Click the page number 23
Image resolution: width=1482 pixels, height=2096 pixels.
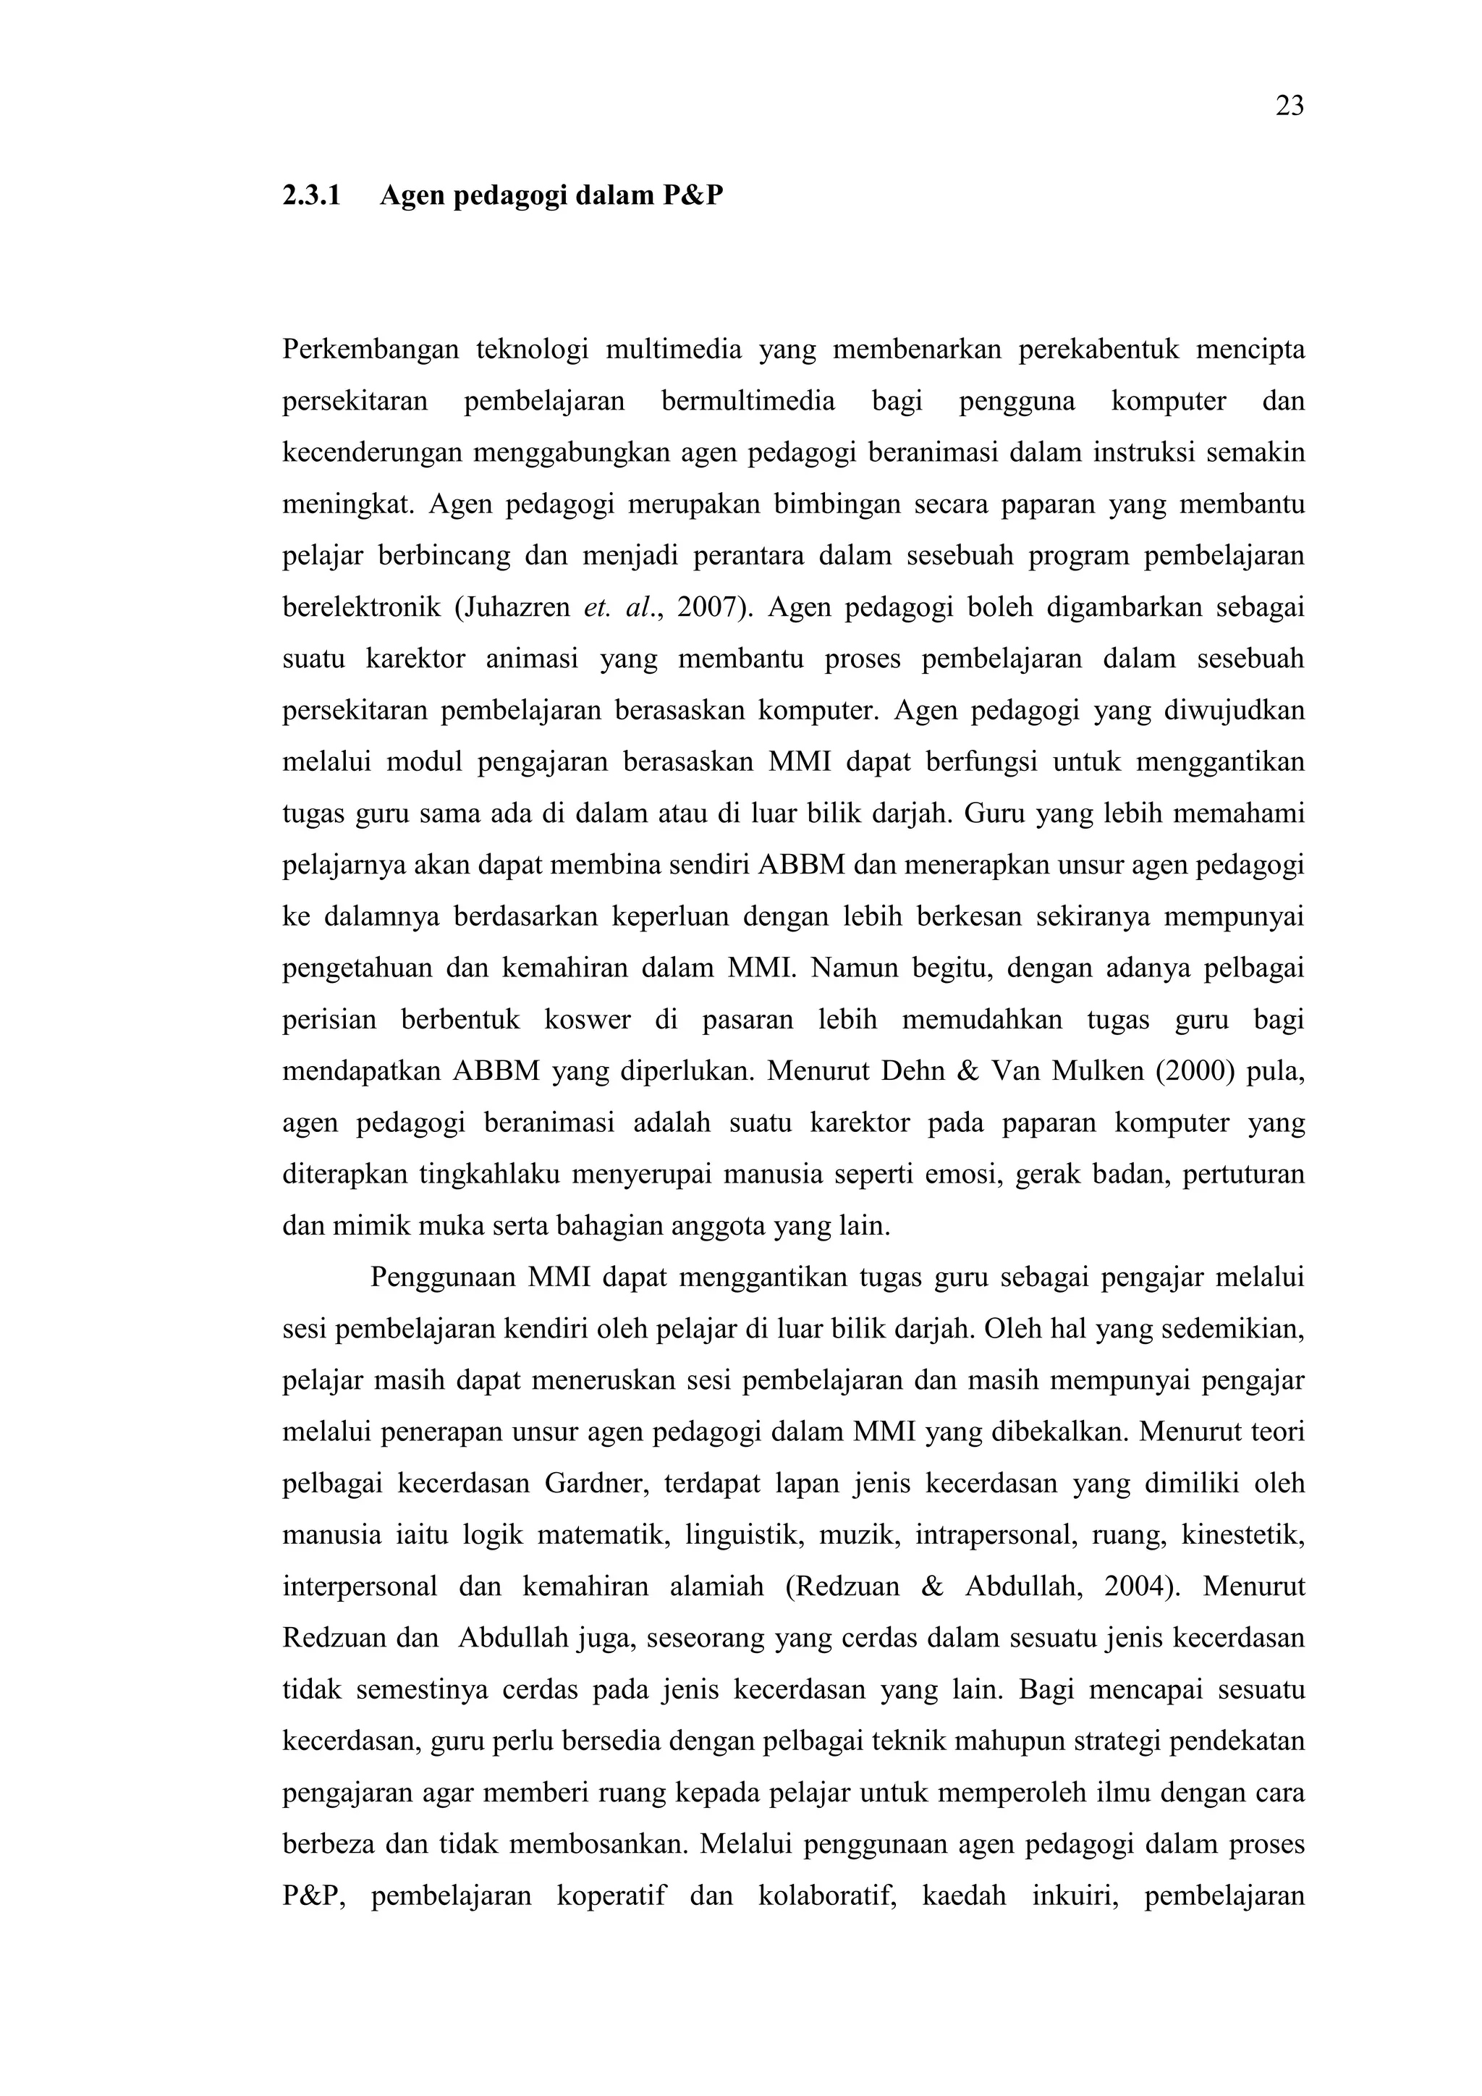click(1290, 107)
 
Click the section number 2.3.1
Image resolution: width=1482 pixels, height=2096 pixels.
click(311, 195)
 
